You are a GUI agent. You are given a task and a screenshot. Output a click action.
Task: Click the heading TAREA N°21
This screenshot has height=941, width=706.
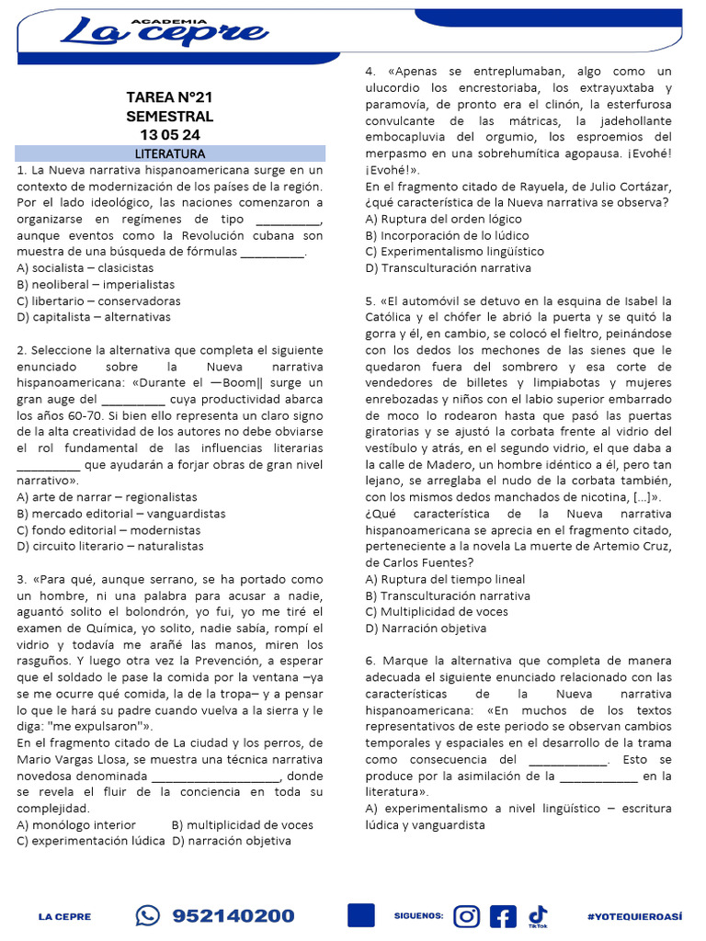169,97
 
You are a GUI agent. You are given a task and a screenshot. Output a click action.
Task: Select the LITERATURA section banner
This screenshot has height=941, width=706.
170,153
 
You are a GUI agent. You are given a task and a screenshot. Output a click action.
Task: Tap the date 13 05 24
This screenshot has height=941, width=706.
169,135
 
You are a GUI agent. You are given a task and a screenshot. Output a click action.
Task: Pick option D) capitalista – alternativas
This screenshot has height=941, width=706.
94,317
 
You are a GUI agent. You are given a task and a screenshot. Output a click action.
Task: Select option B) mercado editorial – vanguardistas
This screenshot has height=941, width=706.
120,514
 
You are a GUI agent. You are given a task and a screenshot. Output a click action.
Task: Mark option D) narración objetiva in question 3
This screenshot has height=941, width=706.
230,840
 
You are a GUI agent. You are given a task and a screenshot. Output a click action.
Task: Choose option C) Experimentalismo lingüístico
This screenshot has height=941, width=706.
454,251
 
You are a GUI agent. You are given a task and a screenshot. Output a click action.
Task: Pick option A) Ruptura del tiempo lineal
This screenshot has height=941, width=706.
445,579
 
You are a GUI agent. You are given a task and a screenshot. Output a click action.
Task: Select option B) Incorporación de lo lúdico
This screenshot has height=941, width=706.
444,235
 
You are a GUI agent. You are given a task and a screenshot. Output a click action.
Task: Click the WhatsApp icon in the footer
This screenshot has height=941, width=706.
147,915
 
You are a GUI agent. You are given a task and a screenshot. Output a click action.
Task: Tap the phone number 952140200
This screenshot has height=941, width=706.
233,915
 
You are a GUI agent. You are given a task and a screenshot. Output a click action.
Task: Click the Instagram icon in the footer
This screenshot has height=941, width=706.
467,915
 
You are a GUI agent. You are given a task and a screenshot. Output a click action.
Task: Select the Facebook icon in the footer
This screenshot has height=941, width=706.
503,915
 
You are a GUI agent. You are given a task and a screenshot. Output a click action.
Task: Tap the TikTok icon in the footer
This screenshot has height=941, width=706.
538,914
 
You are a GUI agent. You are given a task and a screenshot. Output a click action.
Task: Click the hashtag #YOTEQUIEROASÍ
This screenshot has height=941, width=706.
634,916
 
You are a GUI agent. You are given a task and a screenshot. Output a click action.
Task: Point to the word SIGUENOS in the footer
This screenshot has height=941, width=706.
418,916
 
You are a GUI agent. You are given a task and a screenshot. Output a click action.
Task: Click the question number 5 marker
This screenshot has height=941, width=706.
370,300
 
